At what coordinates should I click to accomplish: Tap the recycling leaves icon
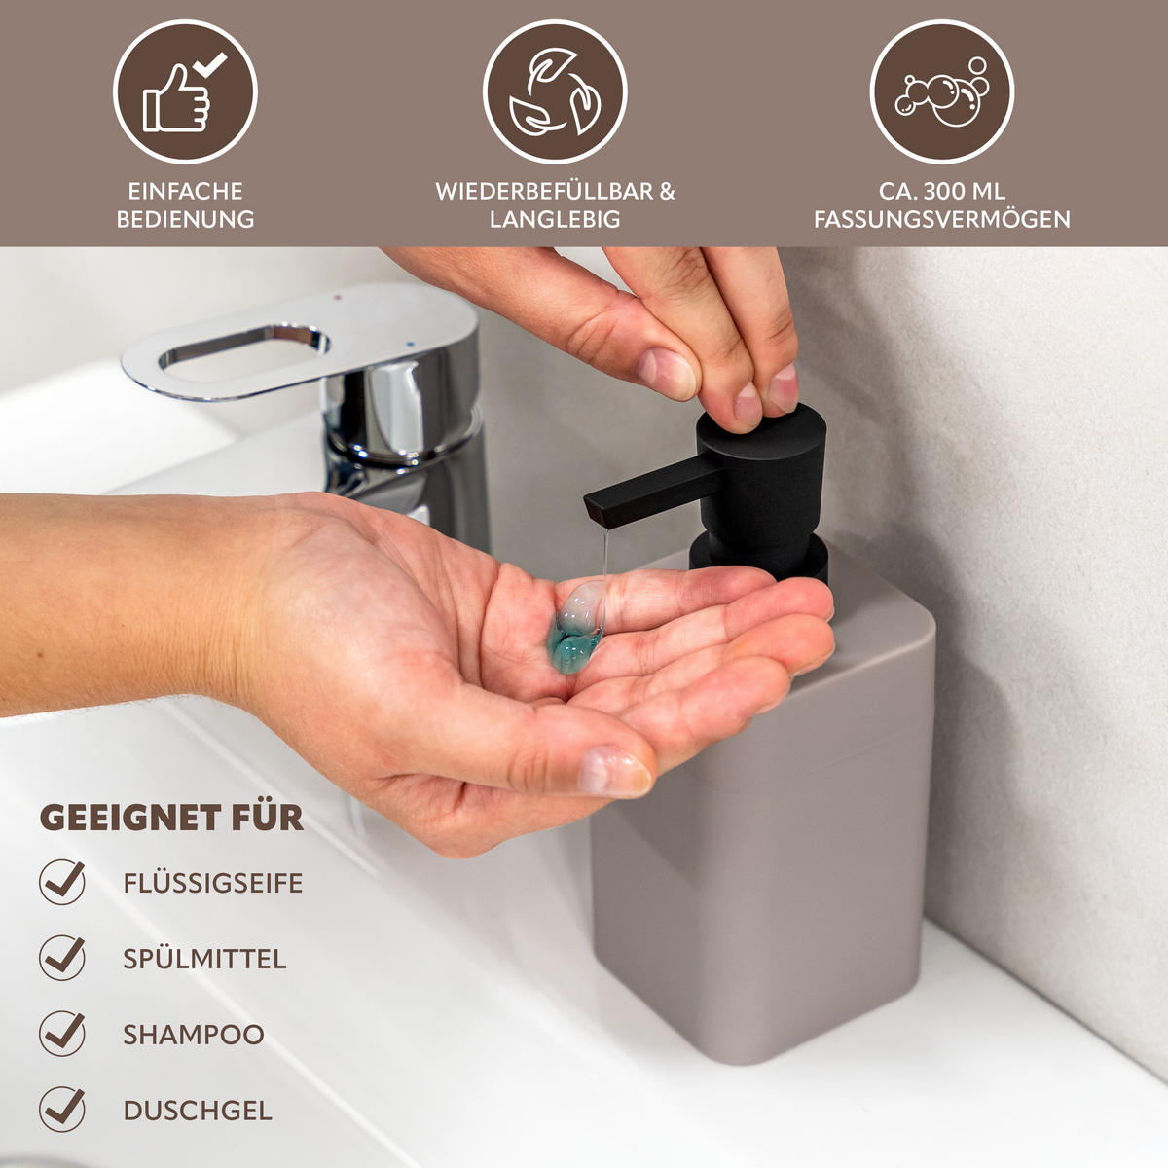(555, 92)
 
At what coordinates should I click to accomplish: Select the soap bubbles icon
(942, 92)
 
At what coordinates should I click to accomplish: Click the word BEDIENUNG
(185, 219)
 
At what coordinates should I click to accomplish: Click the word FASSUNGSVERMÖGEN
(942, 219)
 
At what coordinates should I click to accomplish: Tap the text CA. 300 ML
(942, 191)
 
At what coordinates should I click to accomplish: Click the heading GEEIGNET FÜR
(171, 818)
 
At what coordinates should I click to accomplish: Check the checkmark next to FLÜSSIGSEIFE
(62, 882)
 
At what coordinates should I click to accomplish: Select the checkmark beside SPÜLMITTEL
(62, 958)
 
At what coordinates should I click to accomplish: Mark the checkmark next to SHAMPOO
(62, 1033)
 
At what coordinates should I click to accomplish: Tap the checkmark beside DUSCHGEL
(62, 1109)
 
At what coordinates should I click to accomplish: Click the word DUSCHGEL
(198, 1111)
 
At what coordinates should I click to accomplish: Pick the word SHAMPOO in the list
(194, 1035)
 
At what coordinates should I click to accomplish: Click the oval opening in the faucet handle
(243, 347)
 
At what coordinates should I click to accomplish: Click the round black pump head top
(769, 428)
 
